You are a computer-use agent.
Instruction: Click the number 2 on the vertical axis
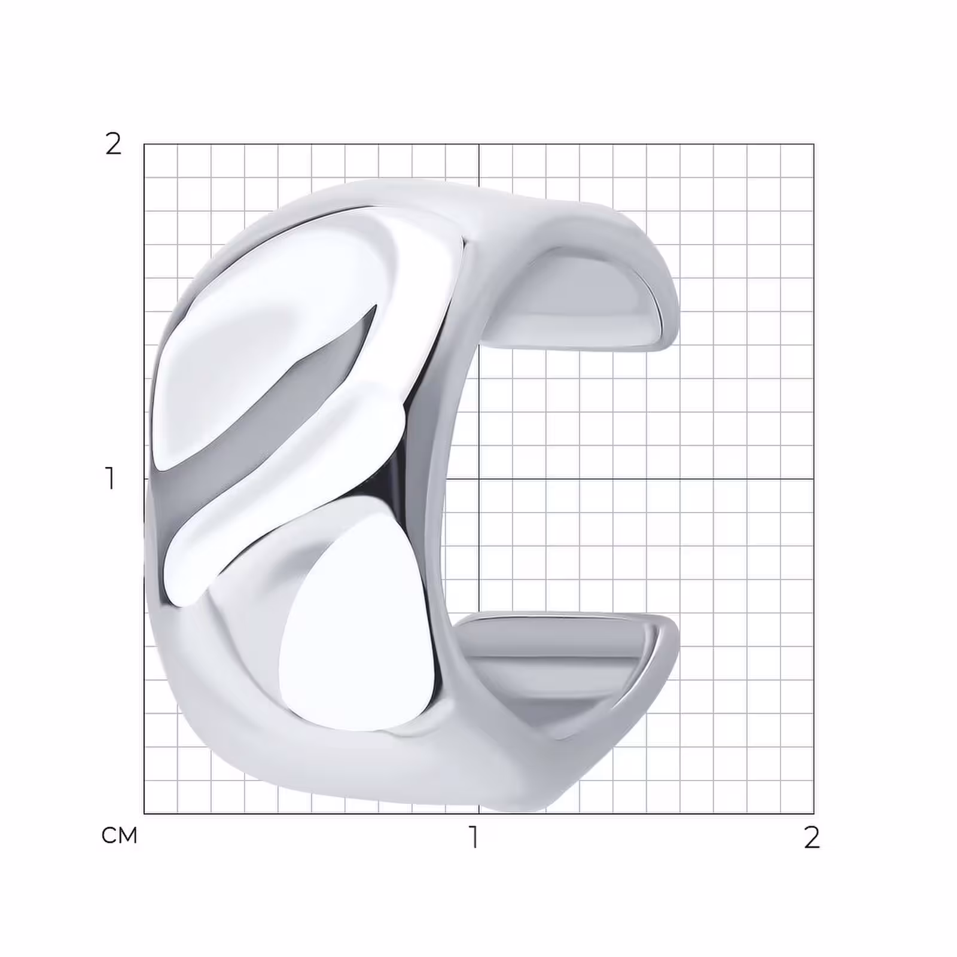(x=113, y=144)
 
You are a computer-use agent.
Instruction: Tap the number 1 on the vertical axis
(x=110, y=478)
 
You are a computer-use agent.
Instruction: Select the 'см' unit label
(x=120, y=835)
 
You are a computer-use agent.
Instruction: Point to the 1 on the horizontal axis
(x=474, y=837)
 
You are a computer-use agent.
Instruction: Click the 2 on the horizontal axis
(x=812, y=838)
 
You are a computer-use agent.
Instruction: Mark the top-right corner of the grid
(x=813, y=144)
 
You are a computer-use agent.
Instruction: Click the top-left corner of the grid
(x=144, y=144)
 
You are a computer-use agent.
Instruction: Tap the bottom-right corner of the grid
(x=813, y=813)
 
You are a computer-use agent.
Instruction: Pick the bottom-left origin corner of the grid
(x=144, y=813)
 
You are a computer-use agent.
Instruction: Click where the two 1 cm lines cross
(x=478, y=478)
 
